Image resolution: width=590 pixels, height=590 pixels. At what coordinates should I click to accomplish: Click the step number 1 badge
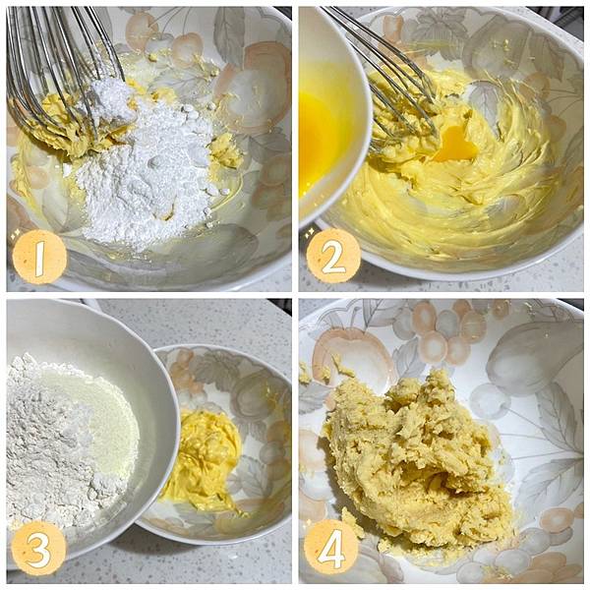(39, 257)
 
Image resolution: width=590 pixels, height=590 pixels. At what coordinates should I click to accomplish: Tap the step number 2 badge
(333, 256)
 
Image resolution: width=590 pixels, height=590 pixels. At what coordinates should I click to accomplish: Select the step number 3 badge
(39, 549)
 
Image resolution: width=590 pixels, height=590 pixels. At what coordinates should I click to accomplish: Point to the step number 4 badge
(331, 548)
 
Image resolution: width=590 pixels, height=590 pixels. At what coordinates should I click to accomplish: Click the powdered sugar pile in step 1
(147, 169)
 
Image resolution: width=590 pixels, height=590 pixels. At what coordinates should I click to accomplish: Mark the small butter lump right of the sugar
(225, 150)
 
